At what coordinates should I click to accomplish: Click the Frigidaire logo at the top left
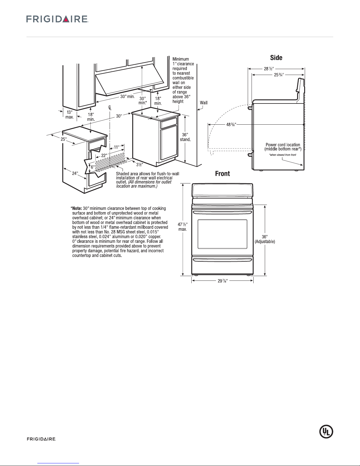click(58, 19)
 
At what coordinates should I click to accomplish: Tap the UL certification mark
click(326, 431)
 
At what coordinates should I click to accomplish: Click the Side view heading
click(276, 58)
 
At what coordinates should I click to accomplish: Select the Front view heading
click(222, 174)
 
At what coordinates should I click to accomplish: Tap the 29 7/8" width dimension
click(222, 281)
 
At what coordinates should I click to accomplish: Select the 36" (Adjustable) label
click(264, 239)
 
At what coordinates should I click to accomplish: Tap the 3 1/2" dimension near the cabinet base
click(139, 164)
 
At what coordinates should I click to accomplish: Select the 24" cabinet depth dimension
click(75, 173)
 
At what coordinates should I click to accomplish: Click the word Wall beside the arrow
click(204, 103)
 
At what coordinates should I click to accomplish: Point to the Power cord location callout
click(283, 147)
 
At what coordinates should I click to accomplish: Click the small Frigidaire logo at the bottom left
click(41, 439)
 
